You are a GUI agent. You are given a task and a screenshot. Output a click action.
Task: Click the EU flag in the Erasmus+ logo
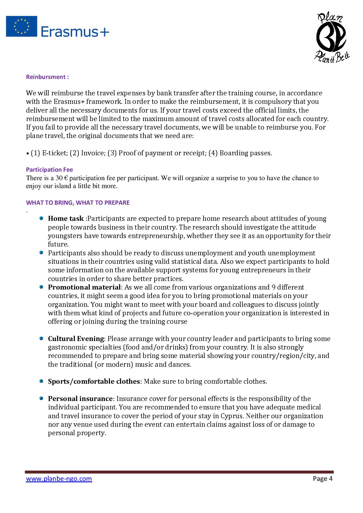[22, 26]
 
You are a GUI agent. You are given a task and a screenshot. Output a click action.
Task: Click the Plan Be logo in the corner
[332, 37]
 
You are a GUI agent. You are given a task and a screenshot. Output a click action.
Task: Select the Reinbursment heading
[47, 77]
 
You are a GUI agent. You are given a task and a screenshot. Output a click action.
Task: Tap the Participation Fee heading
[49, 170]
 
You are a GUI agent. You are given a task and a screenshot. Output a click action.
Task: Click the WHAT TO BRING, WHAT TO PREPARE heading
[78, 203]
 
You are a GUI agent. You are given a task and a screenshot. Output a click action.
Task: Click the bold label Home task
[66, 218]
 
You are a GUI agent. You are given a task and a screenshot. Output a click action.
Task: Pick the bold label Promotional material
[84, 287]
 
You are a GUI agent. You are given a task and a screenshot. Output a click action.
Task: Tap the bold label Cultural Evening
[76, 339]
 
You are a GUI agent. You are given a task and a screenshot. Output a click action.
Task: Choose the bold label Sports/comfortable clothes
[94, 381]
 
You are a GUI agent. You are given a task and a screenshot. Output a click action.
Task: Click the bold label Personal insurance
[80, 399]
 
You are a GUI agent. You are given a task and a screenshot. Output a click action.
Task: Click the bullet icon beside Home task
[42, 218]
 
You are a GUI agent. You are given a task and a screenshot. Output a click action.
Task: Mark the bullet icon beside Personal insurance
[42, 398]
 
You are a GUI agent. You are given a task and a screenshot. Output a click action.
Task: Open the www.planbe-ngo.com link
[59, 479]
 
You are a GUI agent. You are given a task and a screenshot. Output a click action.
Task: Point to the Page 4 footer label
[323, 479]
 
